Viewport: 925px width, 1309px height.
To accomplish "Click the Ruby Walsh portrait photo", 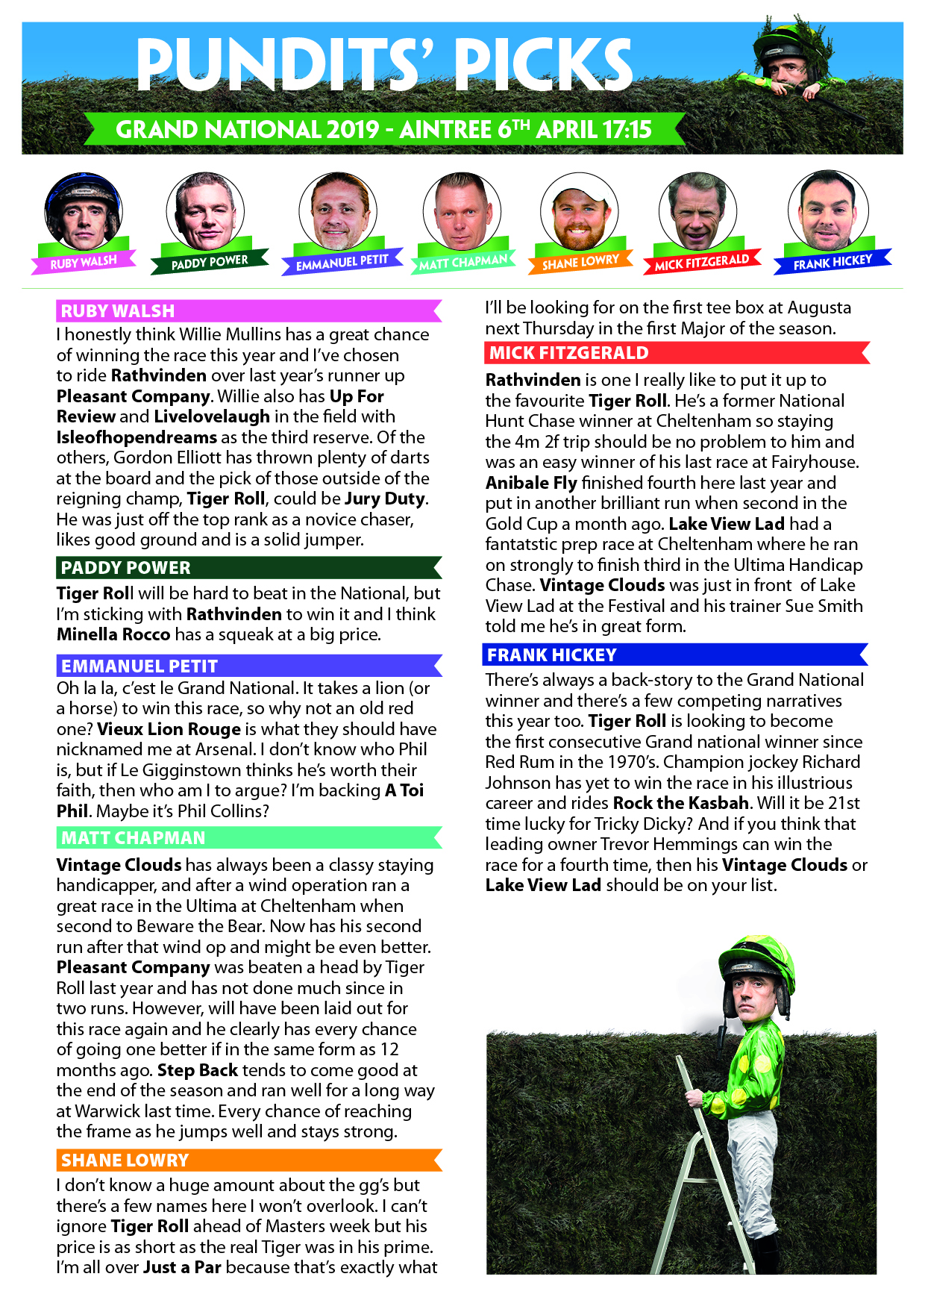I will pyautogui.click(x=83, y=211).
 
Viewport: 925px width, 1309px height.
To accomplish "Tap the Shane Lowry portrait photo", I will pyautogui.click(x=580, y=213).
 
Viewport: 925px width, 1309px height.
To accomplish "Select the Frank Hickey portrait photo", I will pyautogui.click(x=828, y=211).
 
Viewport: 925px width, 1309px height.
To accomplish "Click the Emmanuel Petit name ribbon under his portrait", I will pyautogui.click(x=342, y=262).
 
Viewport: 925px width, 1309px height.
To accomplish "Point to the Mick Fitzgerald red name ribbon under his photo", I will pyautogui.click(x=701, y=262).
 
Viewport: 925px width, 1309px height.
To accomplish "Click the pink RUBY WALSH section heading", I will pyautogui.click(x=248, y=310).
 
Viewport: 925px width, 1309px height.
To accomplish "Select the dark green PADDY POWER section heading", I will pyautogui.click(x=248, y=567).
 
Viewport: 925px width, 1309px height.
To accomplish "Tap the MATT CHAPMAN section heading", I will pyautogui.click(x=248, y=837).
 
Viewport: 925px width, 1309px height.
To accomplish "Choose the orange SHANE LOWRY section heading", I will pyautogui.click(x=248, y=1160).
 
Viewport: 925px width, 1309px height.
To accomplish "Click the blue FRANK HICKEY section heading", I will pyautogui.click(x=675, y=654).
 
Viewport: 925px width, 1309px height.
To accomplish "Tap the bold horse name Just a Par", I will pyautogui.click(x=182, y=1267).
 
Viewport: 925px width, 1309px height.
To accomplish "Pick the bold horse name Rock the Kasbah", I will pyautogui.click(x=680, y=803).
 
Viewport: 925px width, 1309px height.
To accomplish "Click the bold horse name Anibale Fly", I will pyautogui.click(x=531, y=483).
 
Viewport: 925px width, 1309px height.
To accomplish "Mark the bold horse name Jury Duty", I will pyautogui.click(x=385, y=499).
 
